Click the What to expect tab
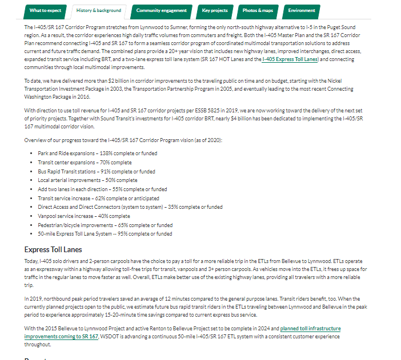click(x=46, y=11)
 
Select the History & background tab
click(x=99, y=11)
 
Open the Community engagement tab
click(x=161, y=11)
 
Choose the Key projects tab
click(x=215, y=11)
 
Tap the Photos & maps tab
click(x=258, y=11)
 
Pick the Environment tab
click(x=302, y=11)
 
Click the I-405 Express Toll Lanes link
click(x=290, y=59)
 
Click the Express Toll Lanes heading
click(x=53, y=249)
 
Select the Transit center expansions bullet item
click(x=85, y=162)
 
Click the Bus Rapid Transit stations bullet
click(x=96, y=171)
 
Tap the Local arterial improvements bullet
click(x=87, y=180)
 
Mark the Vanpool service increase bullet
click(x=83, y=216)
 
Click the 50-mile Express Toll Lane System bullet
click(x=105, y=234)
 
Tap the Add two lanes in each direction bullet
click(x=102, y=189)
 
